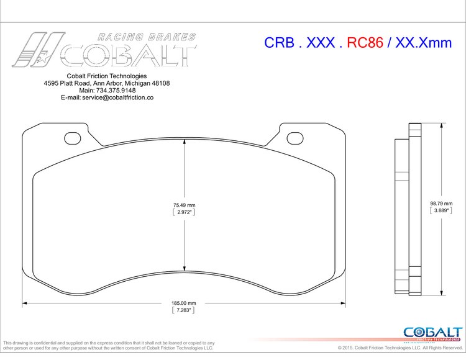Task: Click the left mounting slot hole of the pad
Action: [x=73, y=138]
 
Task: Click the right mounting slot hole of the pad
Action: [x=296, y=138]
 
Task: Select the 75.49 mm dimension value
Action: [x=184, y=204]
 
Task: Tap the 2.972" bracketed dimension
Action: [x=184, y=212]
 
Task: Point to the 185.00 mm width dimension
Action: [x=184, y=303]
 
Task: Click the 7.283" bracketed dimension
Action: [x=184, y=310]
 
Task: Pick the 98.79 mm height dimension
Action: [x=441, y=203]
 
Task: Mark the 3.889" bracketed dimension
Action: [x=441, y=210]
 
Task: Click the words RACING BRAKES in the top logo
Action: [x=147, y=37]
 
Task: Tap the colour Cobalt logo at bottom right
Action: [x=432, y=333]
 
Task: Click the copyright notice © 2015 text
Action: [x=357, y=348]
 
